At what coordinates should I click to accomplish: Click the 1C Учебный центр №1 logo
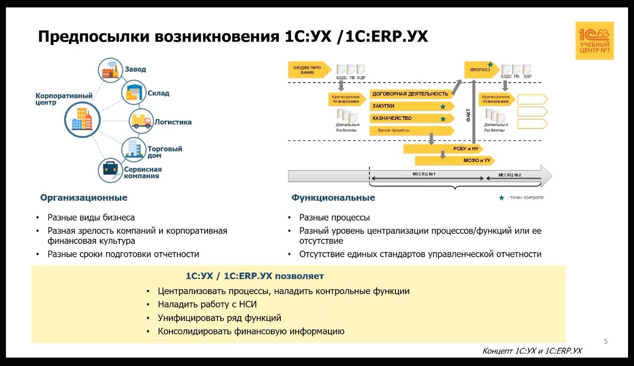point(594,41)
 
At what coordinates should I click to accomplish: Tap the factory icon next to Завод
point(109,70)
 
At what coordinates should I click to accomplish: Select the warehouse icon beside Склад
point(134,92)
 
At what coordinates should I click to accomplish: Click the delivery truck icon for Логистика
point(141,121)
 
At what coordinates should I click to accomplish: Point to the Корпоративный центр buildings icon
point(82,119)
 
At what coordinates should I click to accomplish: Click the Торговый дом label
point(165,152)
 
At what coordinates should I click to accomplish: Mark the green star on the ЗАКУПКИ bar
point(443,107)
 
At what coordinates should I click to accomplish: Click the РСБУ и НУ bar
point(442,148)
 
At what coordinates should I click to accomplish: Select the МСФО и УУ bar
point(454,161)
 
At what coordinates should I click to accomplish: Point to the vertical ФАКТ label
point(469,115)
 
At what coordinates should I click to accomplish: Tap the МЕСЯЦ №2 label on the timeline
point(510,175)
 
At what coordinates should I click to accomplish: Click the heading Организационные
point(84,198)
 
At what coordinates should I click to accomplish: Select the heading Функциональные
point(333,198)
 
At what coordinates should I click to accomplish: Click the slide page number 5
point(605,341)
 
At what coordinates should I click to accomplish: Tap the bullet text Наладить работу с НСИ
point(207,305)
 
